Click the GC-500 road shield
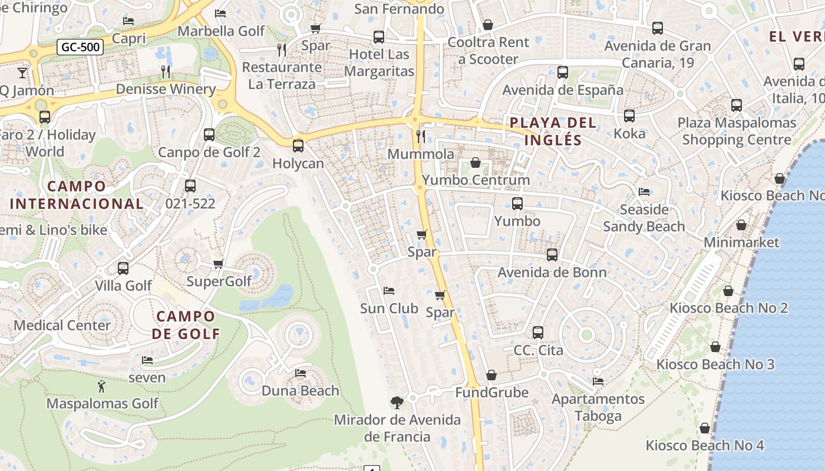click(x=80, y=47)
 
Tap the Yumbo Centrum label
click(x=476, y=180)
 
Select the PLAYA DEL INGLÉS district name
click(x=553, y=131)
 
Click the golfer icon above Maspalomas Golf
click(x=101, y=386)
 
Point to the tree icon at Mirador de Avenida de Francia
click(x=397, y=403)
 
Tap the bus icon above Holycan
click(x=298, y=145)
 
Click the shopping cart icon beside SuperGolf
click(x=219, y=264)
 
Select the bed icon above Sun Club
click(x=388, y=291)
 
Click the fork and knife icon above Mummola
click(x=421, y=137)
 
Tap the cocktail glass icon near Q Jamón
click(x=22, y=72)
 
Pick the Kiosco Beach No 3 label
click(x=715, y=364)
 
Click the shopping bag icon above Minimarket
click(x=741, y=225)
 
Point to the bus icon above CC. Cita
click(x=538, y=333)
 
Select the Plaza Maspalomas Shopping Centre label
click(x=737, y=131)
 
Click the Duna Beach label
click(x=301, y=390)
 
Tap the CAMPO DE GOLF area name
click(x=186, y=325)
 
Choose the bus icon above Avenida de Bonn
click(x=552, y=255)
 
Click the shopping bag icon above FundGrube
click(x=491, y=375)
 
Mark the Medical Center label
click(x=62, y=325)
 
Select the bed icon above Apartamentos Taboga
click(x=598, y=382)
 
